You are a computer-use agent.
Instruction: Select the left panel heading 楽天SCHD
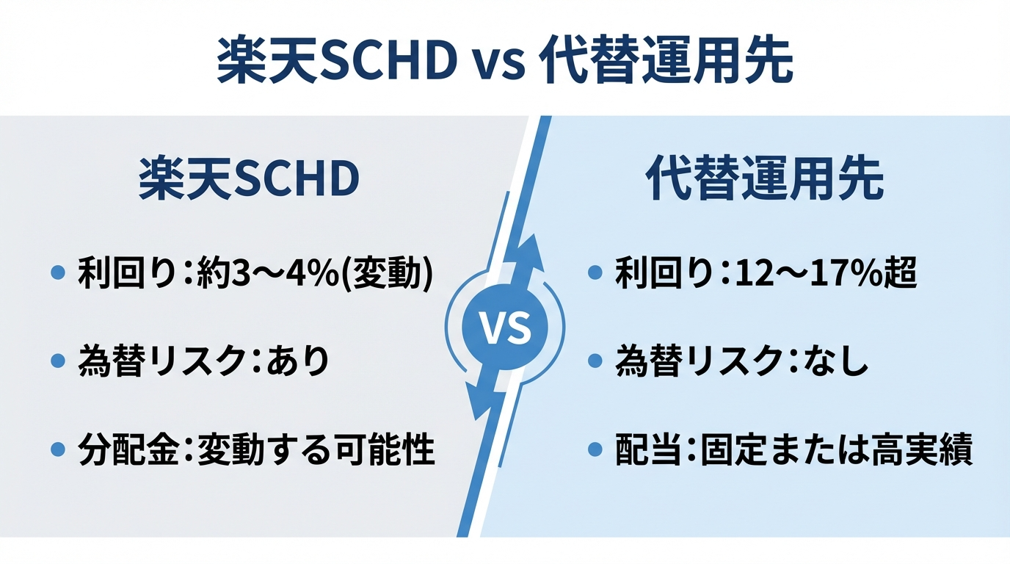250,180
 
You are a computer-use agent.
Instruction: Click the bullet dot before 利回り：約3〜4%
58,275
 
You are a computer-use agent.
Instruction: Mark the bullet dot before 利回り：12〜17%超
596,275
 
